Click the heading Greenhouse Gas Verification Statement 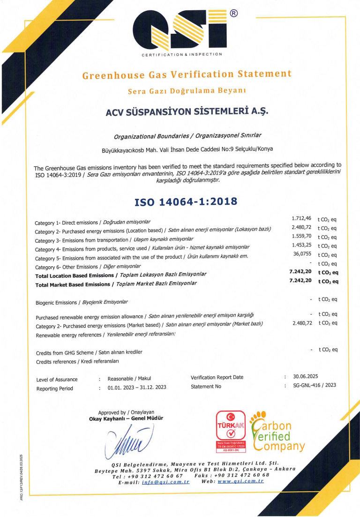tap(187, 75)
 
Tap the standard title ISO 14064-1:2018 tap(186, 202)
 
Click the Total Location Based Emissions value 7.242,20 tap(300, 271)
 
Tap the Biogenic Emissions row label tap(82, 302)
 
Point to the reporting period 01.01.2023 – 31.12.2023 tap(137, 388)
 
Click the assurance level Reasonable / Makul tap(129, 378)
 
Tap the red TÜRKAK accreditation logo tap(230, 430)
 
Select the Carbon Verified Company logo tap(277, 431)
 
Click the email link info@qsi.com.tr tap(165, 482)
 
